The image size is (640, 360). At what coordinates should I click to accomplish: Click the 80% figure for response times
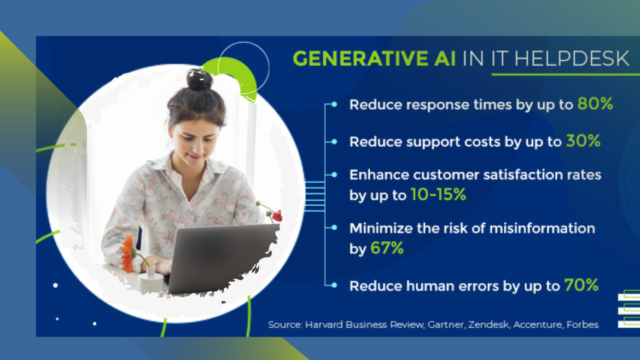(x=595, y=104)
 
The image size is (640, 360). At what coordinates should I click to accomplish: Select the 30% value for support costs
(x=583, y=141)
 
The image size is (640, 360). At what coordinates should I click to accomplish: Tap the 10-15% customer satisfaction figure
(x=438, y=194)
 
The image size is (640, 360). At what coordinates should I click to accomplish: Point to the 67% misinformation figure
(x=387, y=248)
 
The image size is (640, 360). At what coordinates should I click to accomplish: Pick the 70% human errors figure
(x=581, y=285)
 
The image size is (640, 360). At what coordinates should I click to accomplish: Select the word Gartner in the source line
(x=444, y=324)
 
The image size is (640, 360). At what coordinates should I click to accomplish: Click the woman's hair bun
(x=199, y=80)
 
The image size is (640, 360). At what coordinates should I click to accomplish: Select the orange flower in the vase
(x=127, y=253)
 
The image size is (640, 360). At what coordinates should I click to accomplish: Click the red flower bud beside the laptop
(x=277, y=216)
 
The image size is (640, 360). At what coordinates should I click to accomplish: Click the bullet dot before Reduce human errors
(x=334, y=285)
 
